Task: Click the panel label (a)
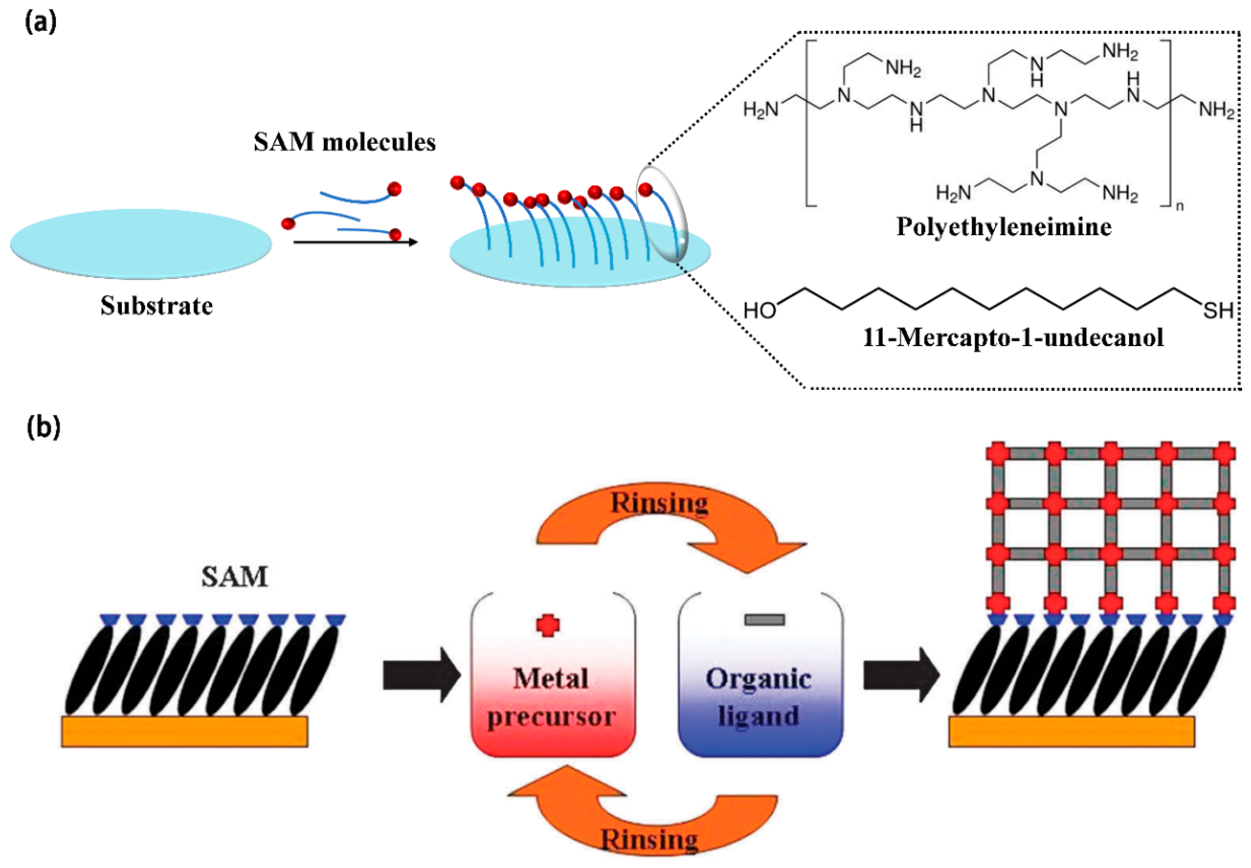pyautogui.click(x=41, y=22)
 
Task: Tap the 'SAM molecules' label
pyautogui.click(x=344, y=142)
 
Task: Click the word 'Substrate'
pyautogui.click(x=156, y=306)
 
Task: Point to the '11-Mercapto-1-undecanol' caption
pyautogui.click(x=1013, y=338)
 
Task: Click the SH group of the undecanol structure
pyautogui.click(x=1218, y=310)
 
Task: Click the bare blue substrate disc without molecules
pyautogui.click(x=141, y=244)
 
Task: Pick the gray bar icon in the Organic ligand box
pyautogui.click(x=764, y=619)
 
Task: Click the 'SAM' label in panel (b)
pyautogui.click(x=235, y=577)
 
